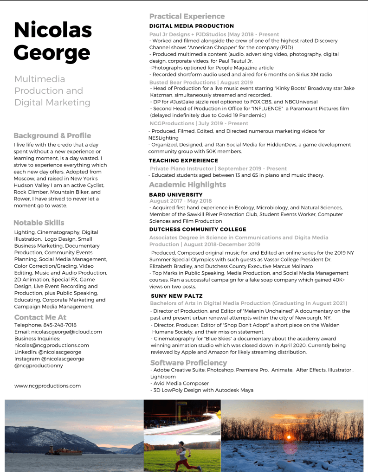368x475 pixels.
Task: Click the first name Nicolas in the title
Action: click(x=53, y=31)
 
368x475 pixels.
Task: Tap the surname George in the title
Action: click(x=52, y=53)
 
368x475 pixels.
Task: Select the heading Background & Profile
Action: click(x=52, y=135)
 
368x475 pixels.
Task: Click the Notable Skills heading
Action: click(x=39, y=223)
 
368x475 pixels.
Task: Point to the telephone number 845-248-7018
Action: click(x=58, y=325)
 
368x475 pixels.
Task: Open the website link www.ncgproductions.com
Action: click(x=47, y=385)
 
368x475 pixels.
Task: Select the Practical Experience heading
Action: click(x=187, y=17)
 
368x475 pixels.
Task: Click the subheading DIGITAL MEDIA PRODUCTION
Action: click(x=191, y=26)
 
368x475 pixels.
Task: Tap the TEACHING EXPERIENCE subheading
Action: click(x=183, y=160)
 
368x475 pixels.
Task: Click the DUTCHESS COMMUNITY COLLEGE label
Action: click(x=198, y=229)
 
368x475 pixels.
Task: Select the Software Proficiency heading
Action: click(x=188, y=363)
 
